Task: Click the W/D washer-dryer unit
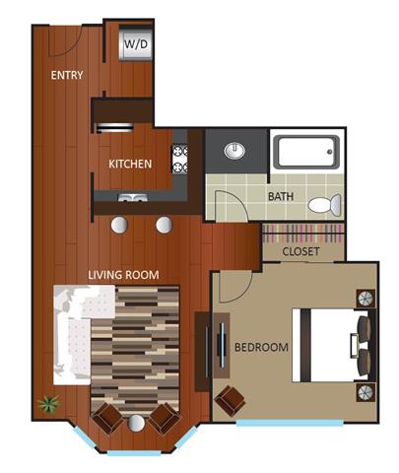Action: [x=136, y=44]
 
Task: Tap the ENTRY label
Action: [x=67, y=75]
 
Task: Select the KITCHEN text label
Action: [x=130, y=164]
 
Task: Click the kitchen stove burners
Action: [x=179, y=159]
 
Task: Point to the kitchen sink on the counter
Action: [x=133, y=198]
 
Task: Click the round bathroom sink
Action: [x=234, y=151]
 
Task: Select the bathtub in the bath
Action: [x=306, y=152]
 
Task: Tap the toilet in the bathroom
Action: [x=324, y=205]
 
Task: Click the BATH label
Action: [x=281, y=196]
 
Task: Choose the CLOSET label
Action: [x=300, y=251]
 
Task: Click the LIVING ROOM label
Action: [x=123, y=275]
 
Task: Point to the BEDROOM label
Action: [x=261, y=347]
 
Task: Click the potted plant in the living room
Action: [x=48, y=404]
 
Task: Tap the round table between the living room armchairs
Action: [x=136, y=423]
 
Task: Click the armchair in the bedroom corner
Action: [x=230, y=401]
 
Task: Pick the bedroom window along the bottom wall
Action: [x=290, y=423]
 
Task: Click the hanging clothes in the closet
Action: [x=302, y=234]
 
